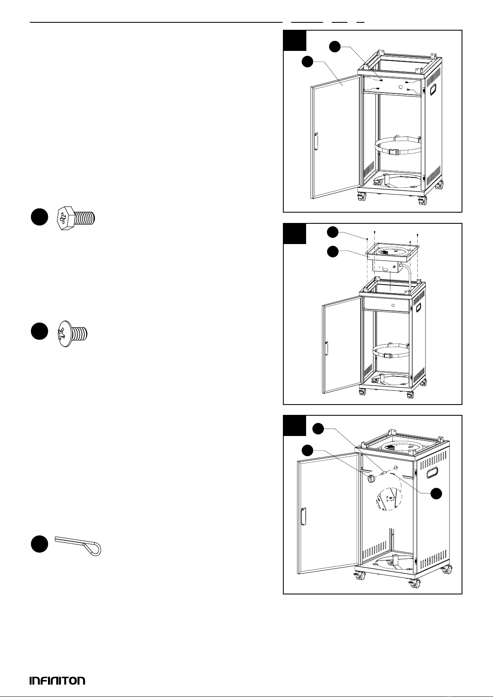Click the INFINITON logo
coord(57,680)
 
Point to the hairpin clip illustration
coord(79,545)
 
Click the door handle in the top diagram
coord(316,141)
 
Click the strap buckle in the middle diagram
coord(389,355)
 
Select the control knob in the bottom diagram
coord(371,478)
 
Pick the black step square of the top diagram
coord(294,40)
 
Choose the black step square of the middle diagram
coord(294,234)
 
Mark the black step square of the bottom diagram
coord(294,426)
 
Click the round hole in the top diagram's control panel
coord(400,86)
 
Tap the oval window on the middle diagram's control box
coord(385,269)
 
